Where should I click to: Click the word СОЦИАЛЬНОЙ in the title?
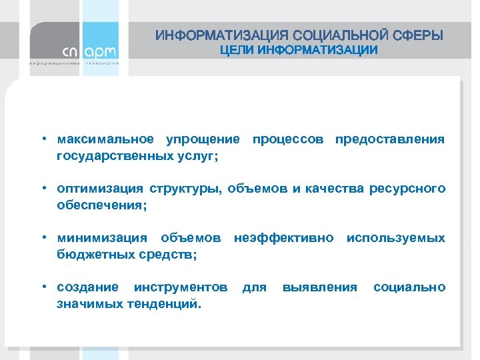coord(336,35)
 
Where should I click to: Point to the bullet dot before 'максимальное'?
coord(42,139)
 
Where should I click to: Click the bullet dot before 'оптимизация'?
coord(42,189)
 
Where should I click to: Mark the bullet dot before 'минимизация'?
coord(42,238)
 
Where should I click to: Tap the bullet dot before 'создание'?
coord(42,287)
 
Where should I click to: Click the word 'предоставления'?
coord(390,139)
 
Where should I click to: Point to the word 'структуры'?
coord(184,189)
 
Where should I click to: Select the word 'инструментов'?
coord(181,287)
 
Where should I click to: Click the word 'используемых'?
coord(396,238)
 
